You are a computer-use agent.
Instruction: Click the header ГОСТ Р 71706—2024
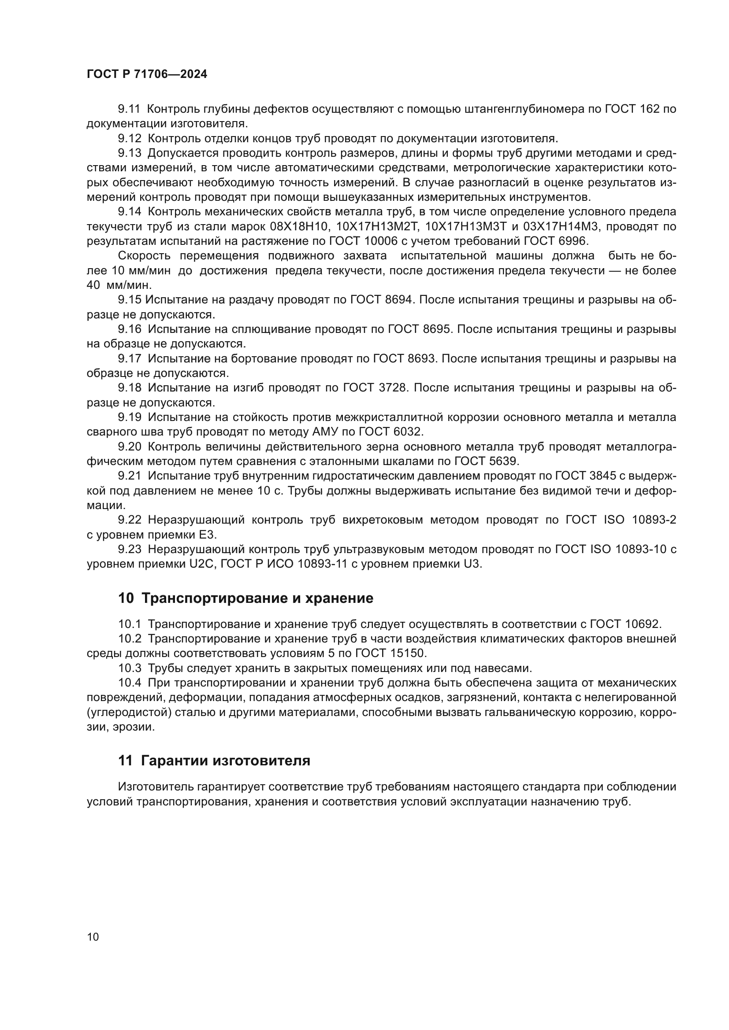pos(147,74)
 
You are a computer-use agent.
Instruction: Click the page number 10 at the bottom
pos(93,937)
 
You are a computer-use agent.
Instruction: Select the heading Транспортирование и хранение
pos(257,598)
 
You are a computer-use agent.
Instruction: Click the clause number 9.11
pos(129,109)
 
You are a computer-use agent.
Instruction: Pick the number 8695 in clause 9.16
pos(436,329)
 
